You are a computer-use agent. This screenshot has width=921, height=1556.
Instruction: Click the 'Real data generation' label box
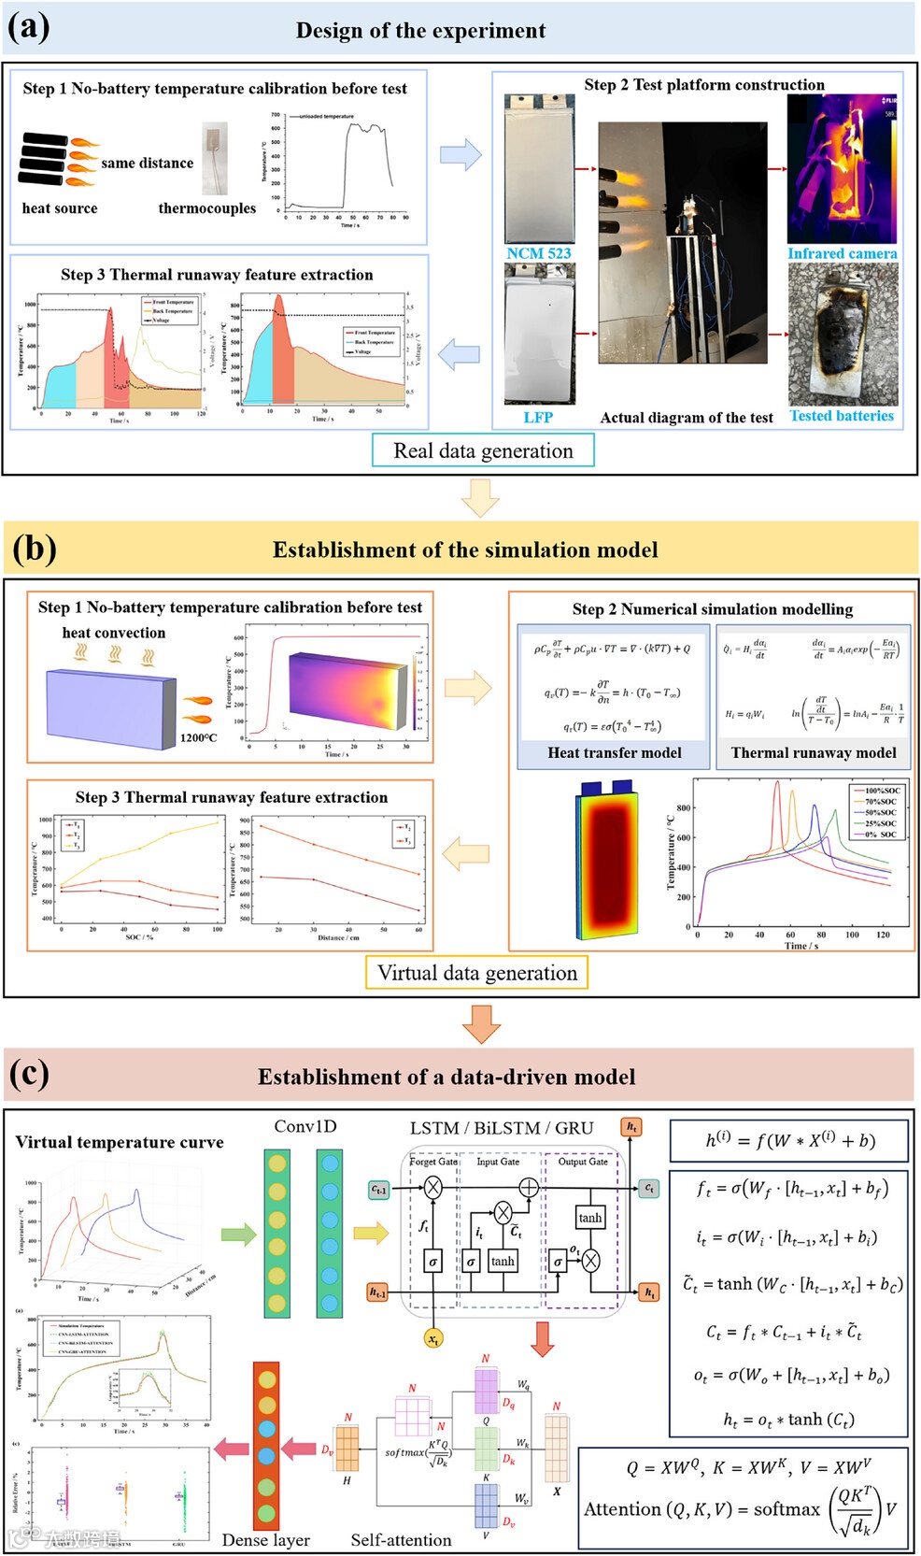coord(483,450)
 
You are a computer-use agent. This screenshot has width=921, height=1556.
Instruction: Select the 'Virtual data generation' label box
coord(476,973)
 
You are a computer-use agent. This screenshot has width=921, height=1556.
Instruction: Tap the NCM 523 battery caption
coord(538,253)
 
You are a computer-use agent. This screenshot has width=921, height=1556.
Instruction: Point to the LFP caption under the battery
coord(538,418)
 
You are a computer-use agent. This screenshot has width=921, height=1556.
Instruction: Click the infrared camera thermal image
coord(842,168)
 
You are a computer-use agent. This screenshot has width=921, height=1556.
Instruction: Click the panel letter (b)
coord(35,549)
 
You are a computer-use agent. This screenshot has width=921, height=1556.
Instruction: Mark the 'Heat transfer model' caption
coord(615,752)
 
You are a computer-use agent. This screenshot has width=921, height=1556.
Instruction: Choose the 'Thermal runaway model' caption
coord(813,752)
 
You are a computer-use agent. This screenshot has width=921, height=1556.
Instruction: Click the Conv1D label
coord(305,1126)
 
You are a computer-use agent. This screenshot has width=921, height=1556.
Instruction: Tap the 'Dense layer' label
coord(266,1539)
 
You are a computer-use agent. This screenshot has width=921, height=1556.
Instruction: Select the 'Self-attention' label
coord(401,1539)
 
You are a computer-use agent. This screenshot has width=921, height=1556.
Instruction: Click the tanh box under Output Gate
coord(590,1218)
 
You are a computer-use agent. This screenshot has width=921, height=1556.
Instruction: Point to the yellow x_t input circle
coord(433,1339)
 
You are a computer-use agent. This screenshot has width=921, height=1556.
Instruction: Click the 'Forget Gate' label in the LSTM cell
coord(434,1162)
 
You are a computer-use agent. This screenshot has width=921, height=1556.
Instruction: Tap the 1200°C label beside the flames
coord(198,737)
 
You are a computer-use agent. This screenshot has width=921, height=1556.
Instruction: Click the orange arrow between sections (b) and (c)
coord(481,1023)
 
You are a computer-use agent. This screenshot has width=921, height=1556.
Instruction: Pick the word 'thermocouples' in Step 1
coord(206,208)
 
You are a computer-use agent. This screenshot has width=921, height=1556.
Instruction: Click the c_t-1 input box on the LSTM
coord(378,1189)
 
